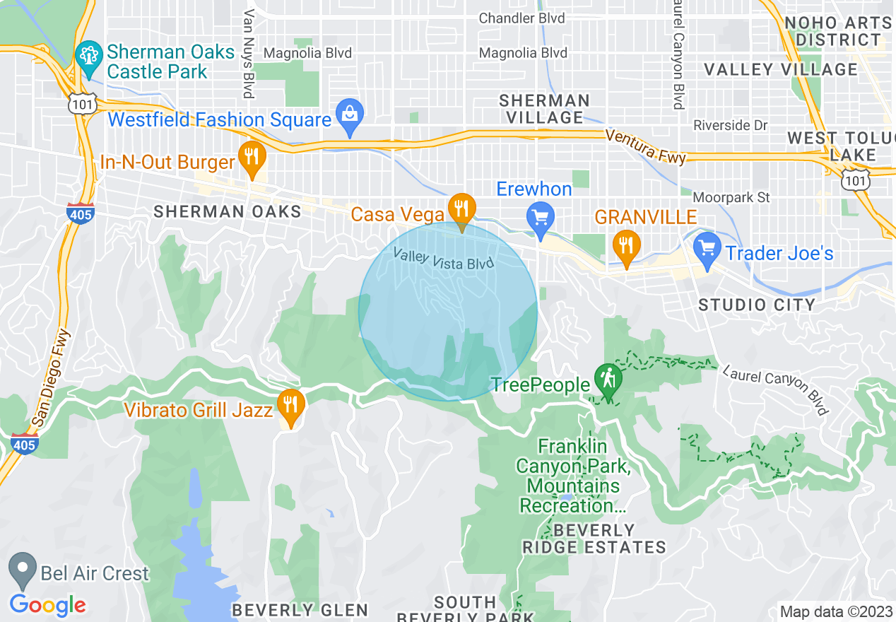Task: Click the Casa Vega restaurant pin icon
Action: pos(461,208)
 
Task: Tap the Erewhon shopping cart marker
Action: pos(541,217)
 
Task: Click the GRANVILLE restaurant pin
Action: pos(626,245)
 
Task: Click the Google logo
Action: pos(48,605)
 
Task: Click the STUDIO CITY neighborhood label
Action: pos(757,305)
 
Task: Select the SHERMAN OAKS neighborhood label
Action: pos(228,211)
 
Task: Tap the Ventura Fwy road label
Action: pos(645,146)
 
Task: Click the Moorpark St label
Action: pos(731,198)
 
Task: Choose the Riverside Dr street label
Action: pos(730,125)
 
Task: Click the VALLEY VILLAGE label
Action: pos(781,69)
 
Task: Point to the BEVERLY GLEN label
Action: pos(300,610)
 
